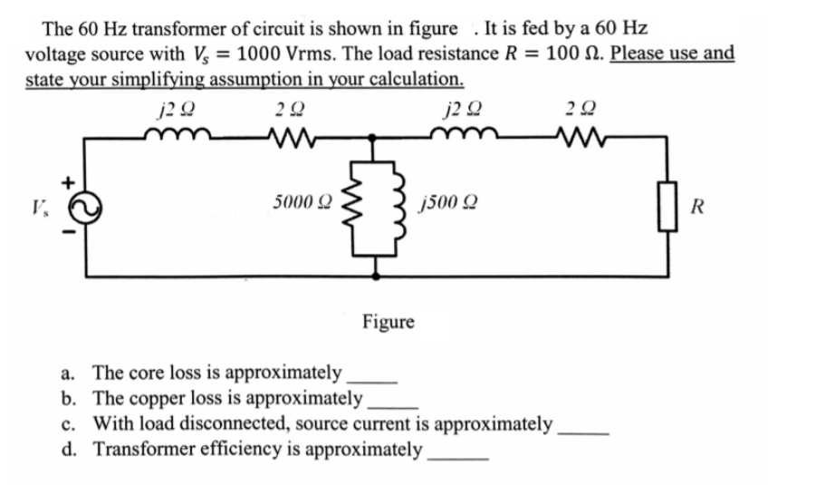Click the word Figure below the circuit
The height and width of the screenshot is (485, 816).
389,321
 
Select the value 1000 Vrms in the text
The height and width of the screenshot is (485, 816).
297,53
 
